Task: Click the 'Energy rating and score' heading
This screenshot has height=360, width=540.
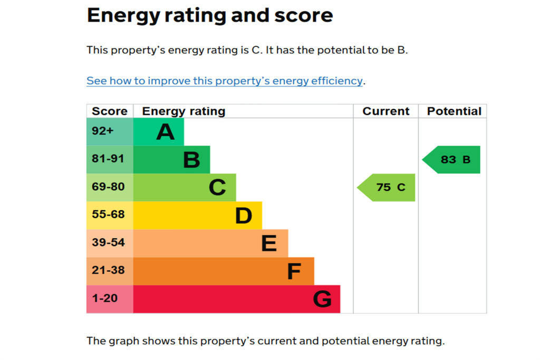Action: pyautogui.click(x=210, y=15)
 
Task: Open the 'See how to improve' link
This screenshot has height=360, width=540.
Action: pyautogui.click(x=225, y=81)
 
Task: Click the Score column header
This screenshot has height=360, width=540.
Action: pyautogui.click(x=110, y=111)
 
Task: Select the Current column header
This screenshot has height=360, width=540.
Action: pyautogui.click(x=385, y=111)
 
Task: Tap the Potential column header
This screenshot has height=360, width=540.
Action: pyautogui.click(x=454, y=111)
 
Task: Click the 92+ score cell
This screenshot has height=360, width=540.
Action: pyautogui.click(x=110, y=131)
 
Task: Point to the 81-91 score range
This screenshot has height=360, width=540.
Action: pyautogui.click(x=110, y=159)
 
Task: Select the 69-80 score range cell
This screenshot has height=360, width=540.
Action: pyautogui.click(x=110, y=187)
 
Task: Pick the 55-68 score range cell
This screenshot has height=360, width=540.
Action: pyautogui.click(x=110, y=215)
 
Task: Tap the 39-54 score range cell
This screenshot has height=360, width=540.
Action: pyautogui.click(x=110, y=243)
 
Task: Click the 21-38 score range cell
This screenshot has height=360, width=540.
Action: pyautogui.click(x=110, y=271)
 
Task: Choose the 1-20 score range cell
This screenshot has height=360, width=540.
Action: pyautogui.click(x=110, y=299)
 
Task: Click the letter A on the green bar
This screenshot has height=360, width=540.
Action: pyautogui.click(x=165, y=132)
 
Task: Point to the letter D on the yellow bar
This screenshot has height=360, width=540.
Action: pyautogui.click(x=244, y=216)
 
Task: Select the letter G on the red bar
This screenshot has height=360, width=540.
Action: pyautogui.click(x=322, y=299)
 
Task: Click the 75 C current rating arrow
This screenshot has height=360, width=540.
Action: pyautogui.click(x=386, y=187)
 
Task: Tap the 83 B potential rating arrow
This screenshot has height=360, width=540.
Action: pyautogui.click(x=451, y=159)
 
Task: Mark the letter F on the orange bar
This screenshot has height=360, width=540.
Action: pyautogui.click(x=294, y=271)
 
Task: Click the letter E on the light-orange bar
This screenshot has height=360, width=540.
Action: pyautogui.click(x=268, y=244)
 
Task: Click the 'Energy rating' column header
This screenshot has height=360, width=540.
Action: pyautogui.click(x=184, y=111)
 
